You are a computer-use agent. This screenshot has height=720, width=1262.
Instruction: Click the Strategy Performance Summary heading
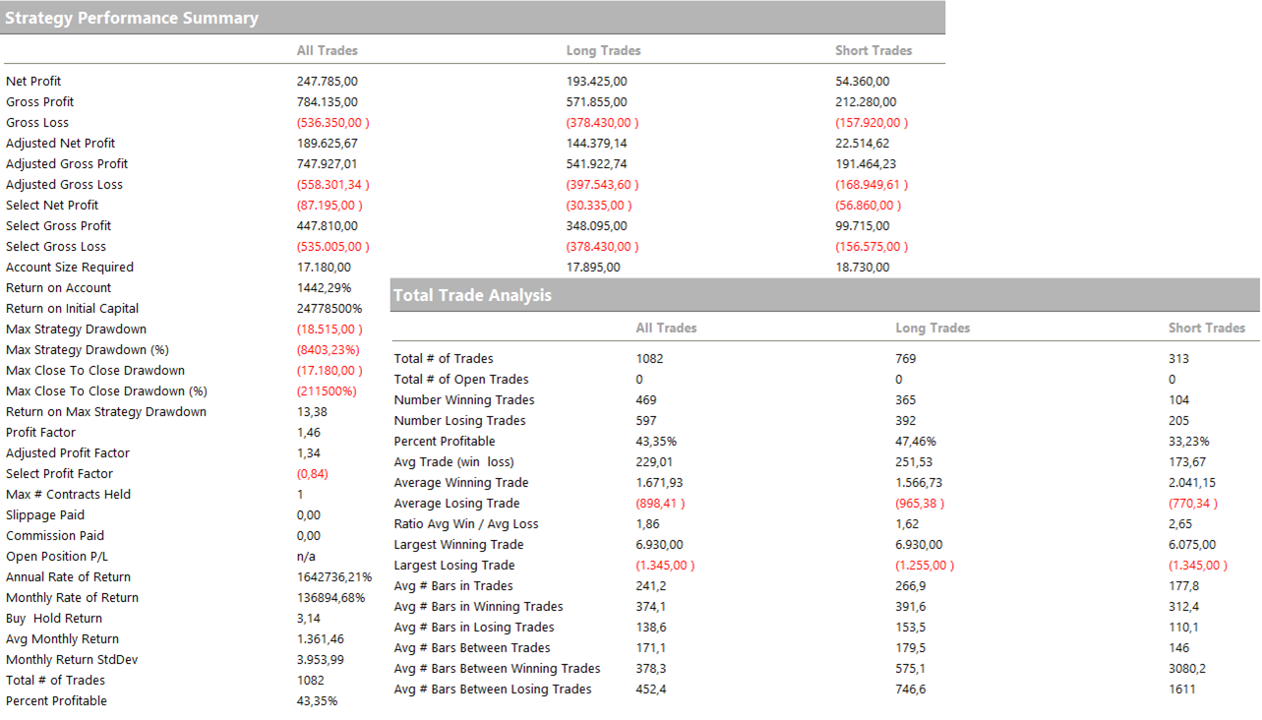tap(132, 18)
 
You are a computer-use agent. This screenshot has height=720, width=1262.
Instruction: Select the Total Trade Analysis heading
tap(472, 295)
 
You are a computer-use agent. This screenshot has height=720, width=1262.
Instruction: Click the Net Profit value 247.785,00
tap(327, 82)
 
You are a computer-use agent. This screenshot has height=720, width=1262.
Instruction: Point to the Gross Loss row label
tap(37, 123)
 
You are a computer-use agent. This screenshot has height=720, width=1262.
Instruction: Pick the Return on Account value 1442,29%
tap(324, 288)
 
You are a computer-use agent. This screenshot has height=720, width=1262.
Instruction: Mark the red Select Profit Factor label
tap(59, 474)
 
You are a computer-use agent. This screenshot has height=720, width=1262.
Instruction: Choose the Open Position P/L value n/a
tap(306, 557)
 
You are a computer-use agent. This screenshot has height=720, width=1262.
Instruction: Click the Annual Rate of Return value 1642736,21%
tap(334, 577)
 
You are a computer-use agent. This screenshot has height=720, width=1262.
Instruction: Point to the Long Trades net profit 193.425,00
tap(596, 82)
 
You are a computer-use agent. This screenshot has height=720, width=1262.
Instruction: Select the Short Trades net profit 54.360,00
tap(863, 82)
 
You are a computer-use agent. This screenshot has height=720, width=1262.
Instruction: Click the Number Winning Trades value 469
tap(646, 400)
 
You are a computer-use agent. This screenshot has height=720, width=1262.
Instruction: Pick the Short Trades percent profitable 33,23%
tap(1189, 442)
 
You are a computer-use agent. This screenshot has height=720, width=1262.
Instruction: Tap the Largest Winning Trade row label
tap(458, 545)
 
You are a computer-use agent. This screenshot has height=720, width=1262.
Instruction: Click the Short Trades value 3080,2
tap(1187, 669)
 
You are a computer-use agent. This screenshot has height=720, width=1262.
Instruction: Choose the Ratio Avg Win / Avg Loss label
tap(466, 524)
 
